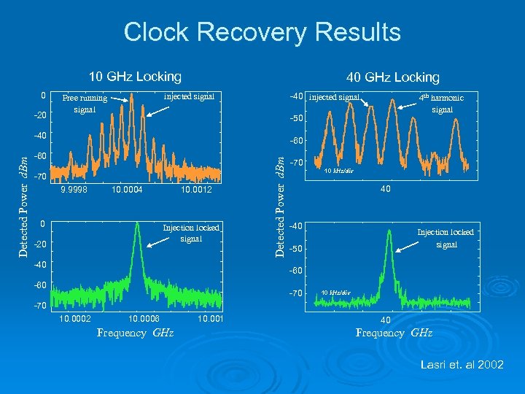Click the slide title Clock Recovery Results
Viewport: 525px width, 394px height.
(x=262, y=32)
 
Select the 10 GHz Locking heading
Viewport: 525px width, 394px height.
(x=134, y=76)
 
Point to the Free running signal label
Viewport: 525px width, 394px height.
(x=84, y=104)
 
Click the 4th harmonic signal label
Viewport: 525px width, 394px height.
(x=441, y=103)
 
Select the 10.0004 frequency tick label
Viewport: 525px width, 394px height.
(x=128, y=190)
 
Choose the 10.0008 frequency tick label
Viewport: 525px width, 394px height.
(x=144, y=318)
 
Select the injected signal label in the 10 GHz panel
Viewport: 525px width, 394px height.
(x=189, y=96)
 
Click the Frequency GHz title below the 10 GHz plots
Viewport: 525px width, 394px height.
(x=135, y=333)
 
